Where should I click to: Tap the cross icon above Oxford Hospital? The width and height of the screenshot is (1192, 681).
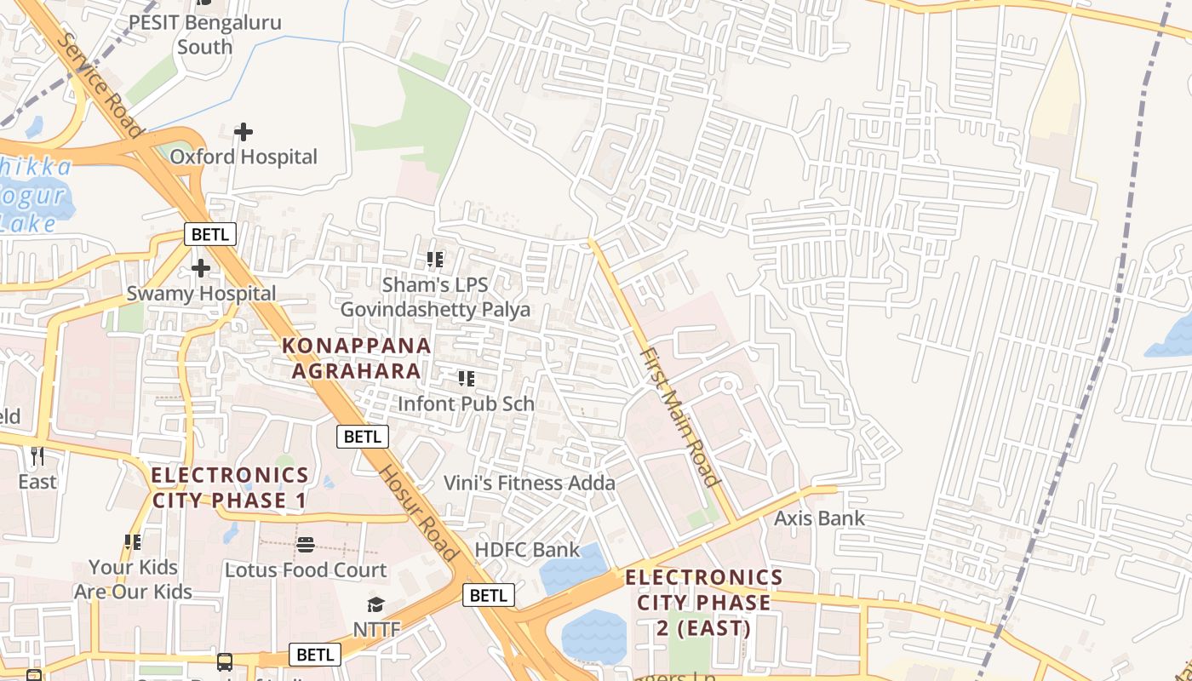(244, 132)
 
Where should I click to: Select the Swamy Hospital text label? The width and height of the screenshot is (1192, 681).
(201, 294)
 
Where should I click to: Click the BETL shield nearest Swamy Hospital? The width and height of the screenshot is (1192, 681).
(210, 234)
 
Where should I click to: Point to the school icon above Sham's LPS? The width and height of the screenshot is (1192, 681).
(435, 260)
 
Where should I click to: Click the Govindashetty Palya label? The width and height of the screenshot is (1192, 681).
(435, 310)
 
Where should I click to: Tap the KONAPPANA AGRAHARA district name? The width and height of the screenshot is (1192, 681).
(357, 358)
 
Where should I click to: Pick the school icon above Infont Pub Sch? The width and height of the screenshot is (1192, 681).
(466, 379)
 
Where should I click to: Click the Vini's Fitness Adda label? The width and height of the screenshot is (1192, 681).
(529, 484)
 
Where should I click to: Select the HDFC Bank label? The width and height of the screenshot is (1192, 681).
(527, 550)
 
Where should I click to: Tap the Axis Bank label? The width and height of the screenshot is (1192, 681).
(819, 518)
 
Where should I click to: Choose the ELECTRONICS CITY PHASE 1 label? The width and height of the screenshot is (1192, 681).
(230, 488)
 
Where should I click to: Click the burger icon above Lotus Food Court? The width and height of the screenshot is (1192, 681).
(306, 545)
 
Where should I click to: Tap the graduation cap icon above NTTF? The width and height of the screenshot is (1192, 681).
(375, 605)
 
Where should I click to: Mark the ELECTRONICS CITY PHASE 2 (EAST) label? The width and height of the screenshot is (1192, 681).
(703, 603)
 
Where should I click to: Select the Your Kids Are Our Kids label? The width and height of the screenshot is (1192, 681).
(133, 579)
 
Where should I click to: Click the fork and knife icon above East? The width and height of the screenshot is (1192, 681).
(37, 456)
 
